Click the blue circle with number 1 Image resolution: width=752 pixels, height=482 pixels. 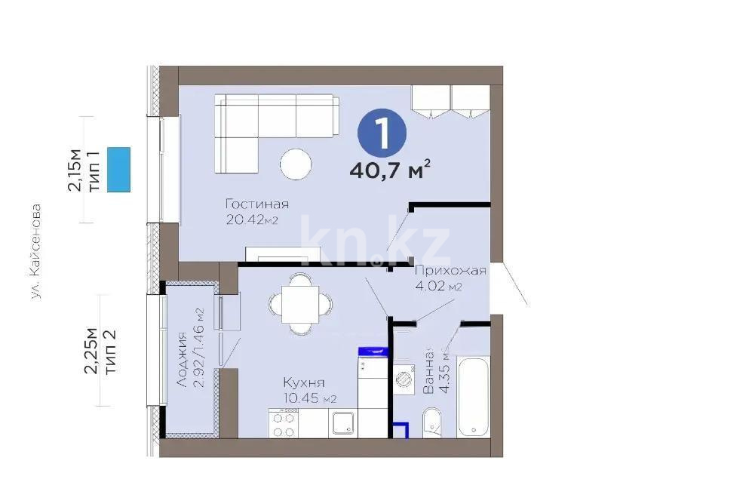click(x=382, y=134)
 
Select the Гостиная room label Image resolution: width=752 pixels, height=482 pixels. click(x=257, y=204)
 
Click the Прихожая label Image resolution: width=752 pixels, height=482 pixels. click(x=450, y=271)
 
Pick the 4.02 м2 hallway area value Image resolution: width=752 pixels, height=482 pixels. click(x=438, y=287)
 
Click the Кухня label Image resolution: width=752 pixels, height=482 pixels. click(x=304, y=382)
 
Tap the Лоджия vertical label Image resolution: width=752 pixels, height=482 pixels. click(x=182, y=360)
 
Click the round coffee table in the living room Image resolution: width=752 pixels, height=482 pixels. click(x=295, y=164)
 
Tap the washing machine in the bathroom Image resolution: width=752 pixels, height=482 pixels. click(x=405, y=377)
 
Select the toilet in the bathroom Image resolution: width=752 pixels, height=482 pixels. click(x=433, y=422)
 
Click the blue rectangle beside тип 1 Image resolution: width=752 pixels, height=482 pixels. click(x=119, y=170)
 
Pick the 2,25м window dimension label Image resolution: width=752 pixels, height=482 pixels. click(x=91, y=351)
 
